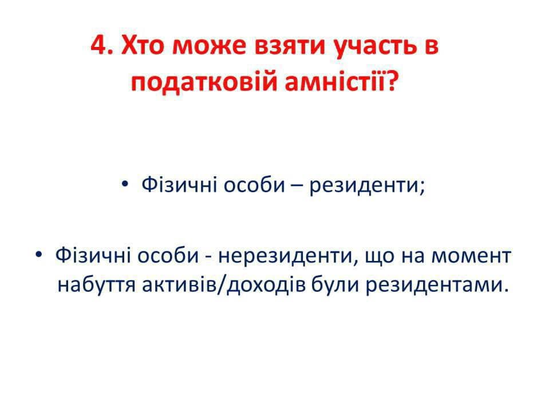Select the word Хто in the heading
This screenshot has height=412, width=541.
tap(142, 46)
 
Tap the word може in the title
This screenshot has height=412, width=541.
tap(209, 48)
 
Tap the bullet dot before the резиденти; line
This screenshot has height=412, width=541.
tap(125, 184)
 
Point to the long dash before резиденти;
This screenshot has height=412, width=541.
tap(297, 186)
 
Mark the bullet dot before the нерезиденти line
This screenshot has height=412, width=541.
tap(38, 255)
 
